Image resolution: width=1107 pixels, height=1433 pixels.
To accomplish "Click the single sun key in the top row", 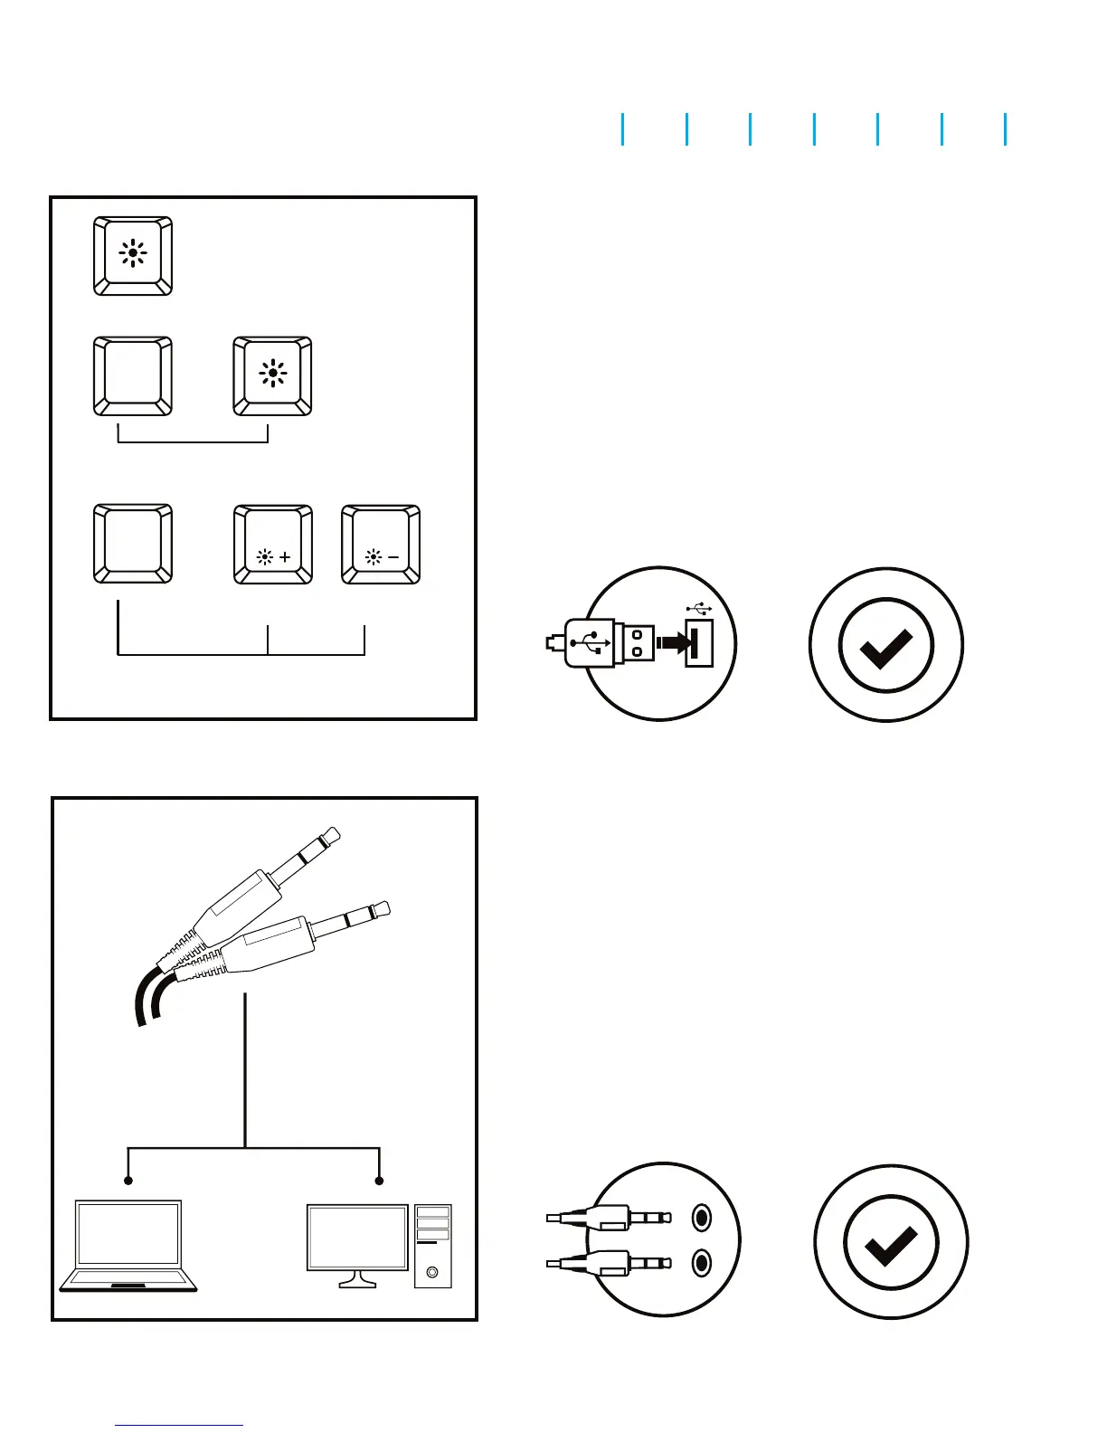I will [133, 255].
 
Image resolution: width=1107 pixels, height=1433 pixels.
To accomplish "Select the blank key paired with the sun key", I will [133, 376].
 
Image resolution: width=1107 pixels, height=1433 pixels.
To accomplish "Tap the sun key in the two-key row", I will [272, 376].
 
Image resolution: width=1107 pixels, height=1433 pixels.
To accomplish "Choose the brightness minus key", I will [381, 545].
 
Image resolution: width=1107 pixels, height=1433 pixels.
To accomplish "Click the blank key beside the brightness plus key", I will [133, 545].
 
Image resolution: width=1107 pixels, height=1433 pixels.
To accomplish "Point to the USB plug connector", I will [598, 644].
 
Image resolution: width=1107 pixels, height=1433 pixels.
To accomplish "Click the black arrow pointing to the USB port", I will [673, 643].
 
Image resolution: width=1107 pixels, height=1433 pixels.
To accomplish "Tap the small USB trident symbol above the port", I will [698, 609].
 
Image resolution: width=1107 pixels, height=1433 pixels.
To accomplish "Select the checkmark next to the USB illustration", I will [885, 645].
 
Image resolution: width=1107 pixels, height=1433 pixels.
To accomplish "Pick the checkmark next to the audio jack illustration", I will [891, 1241].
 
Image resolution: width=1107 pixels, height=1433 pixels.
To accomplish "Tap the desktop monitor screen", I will [357, 1238].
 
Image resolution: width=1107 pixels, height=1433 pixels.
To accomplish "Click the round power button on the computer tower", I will [432, 1272].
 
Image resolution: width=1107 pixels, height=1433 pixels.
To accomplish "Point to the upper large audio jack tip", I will [331, 835].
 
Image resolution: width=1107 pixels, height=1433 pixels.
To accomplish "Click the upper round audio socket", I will [701, 1219].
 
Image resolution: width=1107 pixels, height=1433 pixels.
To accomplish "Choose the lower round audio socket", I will [701, 1262].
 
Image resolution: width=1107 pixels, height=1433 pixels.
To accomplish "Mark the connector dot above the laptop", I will [128, 1181].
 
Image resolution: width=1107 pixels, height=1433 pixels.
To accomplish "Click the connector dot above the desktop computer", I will [380, 1181].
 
